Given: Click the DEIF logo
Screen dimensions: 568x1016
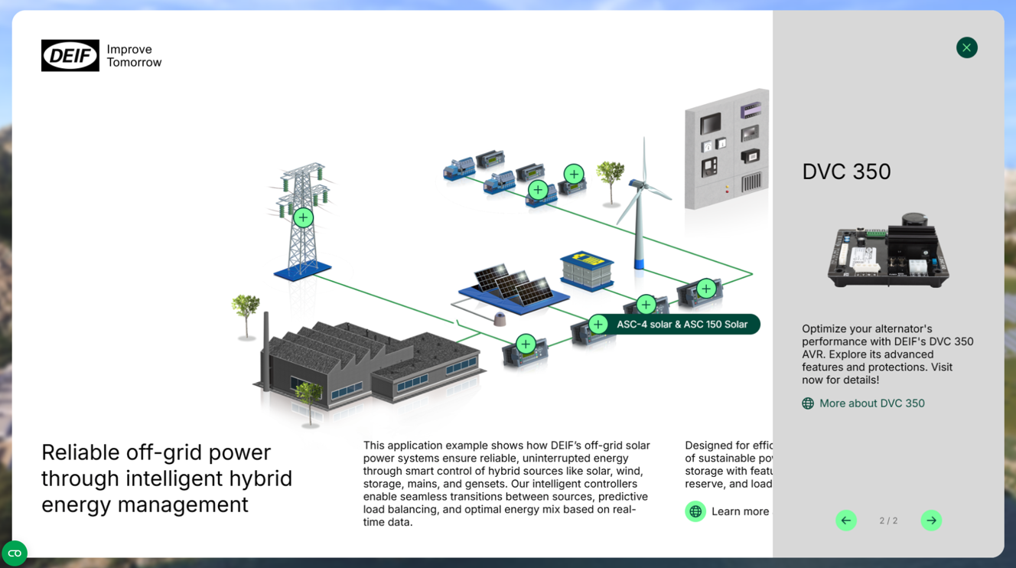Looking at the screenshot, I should [x=70, y=56].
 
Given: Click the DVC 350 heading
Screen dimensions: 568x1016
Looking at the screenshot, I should [x=846, y=171].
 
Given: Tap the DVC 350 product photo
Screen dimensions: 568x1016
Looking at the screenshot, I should [x=887, y=251].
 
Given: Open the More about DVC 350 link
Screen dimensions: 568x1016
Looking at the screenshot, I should [x=871, y=403].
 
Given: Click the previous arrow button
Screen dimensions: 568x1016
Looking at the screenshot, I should [x=845, y=521].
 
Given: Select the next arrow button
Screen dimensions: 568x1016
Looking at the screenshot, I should [x=931, y=521].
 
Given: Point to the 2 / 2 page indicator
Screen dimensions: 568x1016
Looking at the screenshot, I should [x=888, y=521].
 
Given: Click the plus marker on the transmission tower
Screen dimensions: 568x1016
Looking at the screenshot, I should [x=303, y=217].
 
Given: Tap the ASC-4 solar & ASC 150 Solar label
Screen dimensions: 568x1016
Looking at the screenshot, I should [x=682, y=325].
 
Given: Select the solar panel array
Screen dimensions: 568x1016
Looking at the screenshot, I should [x=513, y=286].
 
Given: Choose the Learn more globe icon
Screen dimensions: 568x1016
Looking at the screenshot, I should [x=695, y=511].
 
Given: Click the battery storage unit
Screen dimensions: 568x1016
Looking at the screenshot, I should [x=587, y=270].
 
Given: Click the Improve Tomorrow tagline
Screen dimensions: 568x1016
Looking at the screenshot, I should [x=134, y=56].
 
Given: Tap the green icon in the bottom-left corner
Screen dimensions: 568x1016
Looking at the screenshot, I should [x=15, y=553].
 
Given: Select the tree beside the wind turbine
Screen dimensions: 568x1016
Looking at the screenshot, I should [x=611, y=181].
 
